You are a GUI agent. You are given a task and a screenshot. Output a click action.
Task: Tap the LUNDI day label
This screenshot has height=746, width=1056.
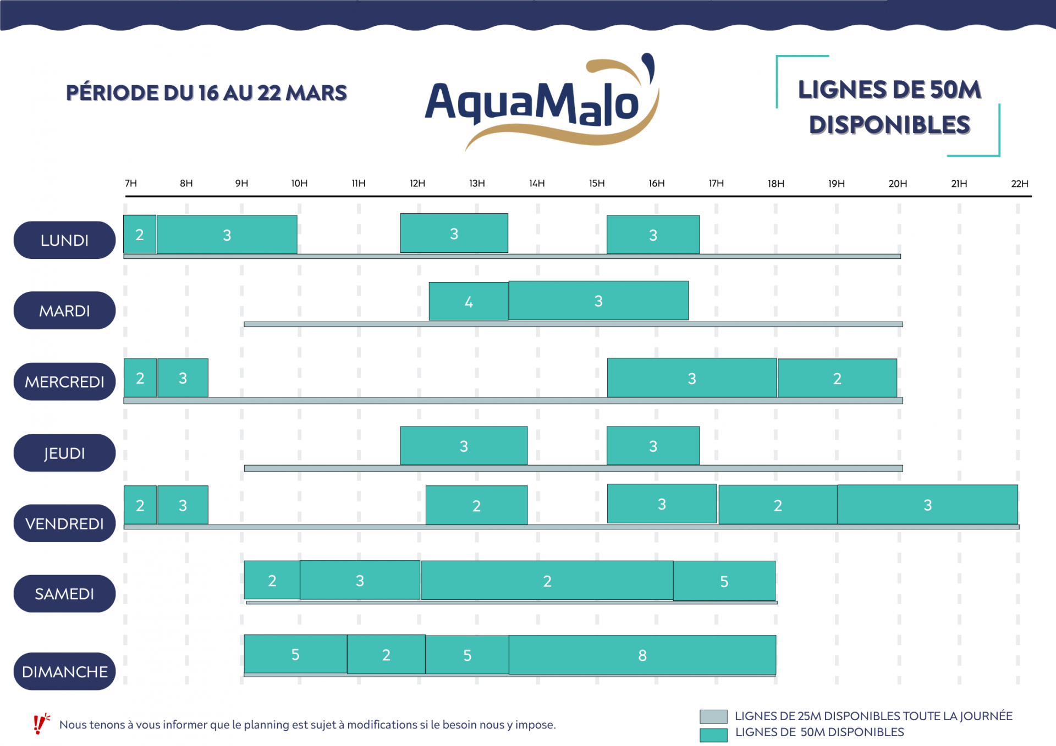pyautogui.click(x=64, y=240)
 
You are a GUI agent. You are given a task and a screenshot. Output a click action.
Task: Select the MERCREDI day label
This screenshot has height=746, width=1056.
pyautogui.click(x=64, y=382)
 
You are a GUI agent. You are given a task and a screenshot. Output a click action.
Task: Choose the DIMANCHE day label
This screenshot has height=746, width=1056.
pyautogui.click(x=64, y=671)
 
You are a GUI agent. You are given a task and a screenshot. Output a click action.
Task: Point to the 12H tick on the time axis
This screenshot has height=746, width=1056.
pyautogui.click(x=417, y=184)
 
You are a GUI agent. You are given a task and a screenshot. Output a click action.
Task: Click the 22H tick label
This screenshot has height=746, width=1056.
pyautogui.click(x=1019, y=184)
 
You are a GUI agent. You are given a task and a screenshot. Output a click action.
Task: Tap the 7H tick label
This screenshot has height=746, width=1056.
pyautogui.click(x=131, y=184)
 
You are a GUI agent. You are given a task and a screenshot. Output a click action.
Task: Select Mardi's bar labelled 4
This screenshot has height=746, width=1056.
pyautogui.click(x=468, y=301)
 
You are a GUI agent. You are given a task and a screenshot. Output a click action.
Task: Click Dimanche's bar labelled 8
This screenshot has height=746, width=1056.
pyautogui.click(x=642, y=655)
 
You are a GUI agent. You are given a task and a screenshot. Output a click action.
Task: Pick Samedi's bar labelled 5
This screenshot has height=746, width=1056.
pyautogui.click(x=724, y=581)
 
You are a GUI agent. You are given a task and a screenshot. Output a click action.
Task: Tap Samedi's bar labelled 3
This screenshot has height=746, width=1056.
pyautogui.click(x=360, y=581)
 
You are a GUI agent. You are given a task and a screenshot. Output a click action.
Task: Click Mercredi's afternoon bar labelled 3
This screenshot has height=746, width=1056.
pyautogui.click(x=691, y=378)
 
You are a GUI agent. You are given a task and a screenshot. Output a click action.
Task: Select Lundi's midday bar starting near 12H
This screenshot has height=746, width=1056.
pyautogui.click(x=454, y=234)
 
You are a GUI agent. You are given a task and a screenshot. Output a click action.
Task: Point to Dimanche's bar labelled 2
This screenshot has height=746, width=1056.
pyautogui.click(x=386, y=655)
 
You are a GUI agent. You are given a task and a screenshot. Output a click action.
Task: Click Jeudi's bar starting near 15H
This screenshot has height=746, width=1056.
pyautogui.click(x=653, y=446)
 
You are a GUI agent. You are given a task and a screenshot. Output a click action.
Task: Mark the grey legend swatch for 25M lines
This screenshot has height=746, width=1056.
pyautogui.click(x=713, y=716)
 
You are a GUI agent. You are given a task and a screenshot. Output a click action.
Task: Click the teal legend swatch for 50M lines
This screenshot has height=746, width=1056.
pyautogui.click(x=713, y=734)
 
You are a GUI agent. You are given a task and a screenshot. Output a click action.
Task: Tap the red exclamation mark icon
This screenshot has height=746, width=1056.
pyautogui.click(x=40, y=724)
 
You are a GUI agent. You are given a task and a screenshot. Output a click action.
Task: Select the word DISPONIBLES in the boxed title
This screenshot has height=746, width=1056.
pyautogui.click(x=889, y=125)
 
